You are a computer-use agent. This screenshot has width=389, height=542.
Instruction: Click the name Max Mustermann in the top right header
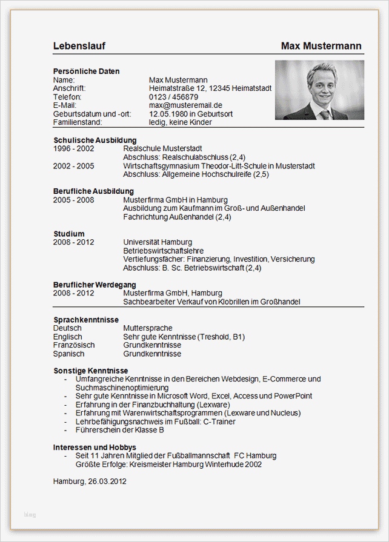pyautogui.click(x=321, y=46)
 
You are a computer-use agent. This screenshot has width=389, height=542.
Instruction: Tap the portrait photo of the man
pyautogui.click(x=319, y=89)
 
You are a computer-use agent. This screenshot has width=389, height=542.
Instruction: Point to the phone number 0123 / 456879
pyautogui.click(x=173, y=97)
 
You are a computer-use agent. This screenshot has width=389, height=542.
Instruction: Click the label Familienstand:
pyautogui.click(x=82, y=122)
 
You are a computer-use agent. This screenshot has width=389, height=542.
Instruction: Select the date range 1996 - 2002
pyautogui.click(x=73, y=148)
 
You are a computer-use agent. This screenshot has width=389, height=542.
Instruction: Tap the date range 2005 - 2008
pyautogui.click(x=73, y=200)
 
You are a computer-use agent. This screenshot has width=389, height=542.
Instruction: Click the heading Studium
pyautogui.click(x=68, y=234)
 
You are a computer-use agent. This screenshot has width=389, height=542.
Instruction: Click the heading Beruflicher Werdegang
pyautogui.click(x=95, y=285)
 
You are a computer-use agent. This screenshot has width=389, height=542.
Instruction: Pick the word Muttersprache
pyautogui.click(x=148, y=328)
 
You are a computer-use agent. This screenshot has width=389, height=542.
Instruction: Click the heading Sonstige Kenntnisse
pyautogui.click(x=90, y=371)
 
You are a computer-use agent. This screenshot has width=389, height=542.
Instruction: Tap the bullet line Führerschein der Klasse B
pyautogui.click(x=120, y=430)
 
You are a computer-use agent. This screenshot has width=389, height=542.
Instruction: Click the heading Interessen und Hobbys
pyautogui.click(x=94, y=448)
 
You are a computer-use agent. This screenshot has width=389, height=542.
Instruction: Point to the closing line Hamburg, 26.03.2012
pyautogui.click(x=90, y=481)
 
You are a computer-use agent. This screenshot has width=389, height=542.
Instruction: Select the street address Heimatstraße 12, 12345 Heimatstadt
pyautogui.click(x=210, y=88)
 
